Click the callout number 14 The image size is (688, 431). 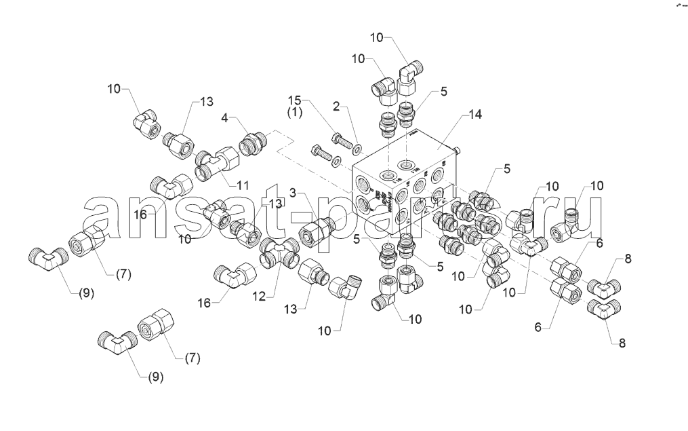point(474,115)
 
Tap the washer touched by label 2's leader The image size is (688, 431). point(357,147)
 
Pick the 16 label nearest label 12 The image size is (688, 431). point(204,302)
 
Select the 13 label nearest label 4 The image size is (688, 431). point(206,102)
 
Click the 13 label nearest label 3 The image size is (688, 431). point(275,204)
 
